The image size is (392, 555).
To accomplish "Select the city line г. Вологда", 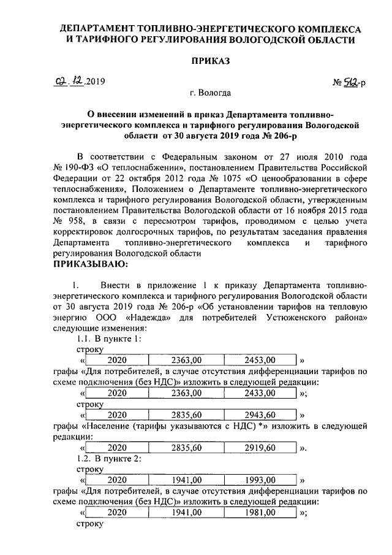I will pyautogui.click(x=210, y=94).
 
